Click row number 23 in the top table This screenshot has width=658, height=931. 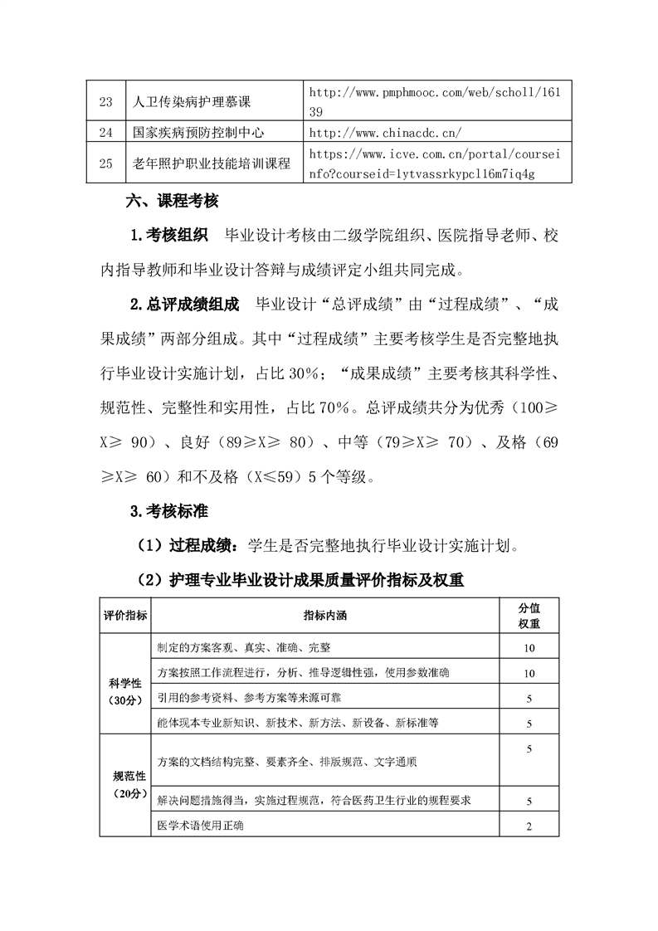click(x=105, y=103)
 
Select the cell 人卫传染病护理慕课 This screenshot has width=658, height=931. click(x=192, y=103)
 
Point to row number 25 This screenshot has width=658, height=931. click(x=105, y=163)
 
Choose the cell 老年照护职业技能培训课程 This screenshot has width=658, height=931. click(x=212, y=163)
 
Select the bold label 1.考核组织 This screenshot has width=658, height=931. click(x=170, y=236)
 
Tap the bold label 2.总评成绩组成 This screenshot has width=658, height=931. click(x=185, y=305)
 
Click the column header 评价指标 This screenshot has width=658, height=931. click(x=125, y=615)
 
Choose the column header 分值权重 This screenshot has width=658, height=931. click(x=529, y=615)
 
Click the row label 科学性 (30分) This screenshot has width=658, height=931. click(x=125, y=691)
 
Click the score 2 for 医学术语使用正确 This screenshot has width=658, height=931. click(x=529, y=826)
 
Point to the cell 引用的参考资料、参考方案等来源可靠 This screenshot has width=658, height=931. click(x=255, y=698)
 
